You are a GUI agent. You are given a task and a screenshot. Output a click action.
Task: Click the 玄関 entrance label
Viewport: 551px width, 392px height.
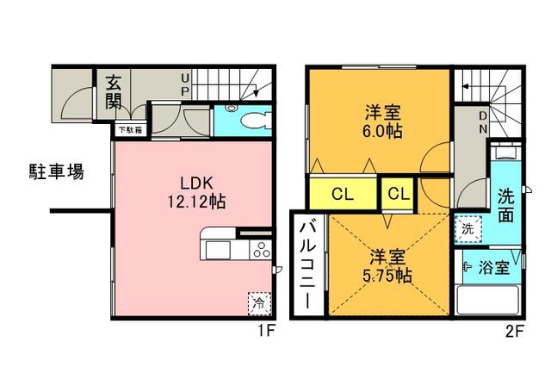point(114,92)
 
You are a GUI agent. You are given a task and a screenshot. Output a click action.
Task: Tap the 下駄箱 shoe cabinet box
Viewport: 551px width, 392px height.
point(131,130)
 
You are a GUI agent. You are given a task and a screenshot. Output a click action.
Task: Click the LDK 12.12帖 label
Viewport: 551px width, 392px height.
point(196,192)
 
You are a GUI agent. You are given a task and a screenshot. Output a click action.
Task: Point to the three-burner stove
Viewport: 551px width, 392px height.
point(260,250)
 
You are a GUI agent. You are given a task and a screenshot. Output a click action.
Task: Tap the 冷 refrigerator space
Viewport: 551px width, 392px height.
point(259,303)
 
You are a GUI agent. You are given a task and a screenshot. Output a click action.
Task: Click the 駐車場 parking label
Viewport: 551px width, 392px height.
point(57,172)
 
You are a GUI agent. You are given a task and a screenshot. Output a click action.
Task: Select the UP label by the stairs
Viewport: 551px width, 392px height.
point(185,84)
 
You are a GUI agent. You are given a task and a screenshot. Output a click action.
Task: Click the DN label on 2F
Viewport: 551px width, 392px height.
point(483,122)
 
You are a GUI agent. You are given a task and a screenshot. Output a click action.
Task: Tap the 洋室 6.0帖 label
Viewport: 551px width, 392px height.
point(382,121)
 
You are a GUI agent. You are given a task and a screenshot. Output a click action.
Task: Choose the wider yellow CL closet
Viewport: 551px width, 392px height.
point(344,193)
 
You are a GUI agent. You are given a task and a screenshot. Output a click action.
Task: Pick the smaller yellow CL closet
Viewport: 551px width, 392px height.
point(399,193)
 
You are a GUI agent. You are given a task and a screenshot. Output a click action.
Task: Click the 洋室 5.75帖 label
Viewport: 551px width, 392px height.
point(387,266)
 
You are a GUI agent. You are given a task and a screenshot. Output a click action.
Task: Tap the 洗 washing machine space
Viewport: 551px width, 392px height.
point(468,229)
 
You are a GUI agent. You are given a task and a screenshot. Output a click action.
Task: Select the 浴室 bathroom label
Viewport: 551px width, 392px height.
point(493,268)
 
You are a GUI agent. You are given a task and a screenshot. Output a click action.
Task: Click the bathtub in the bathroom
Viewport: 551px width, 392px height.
point(487,300)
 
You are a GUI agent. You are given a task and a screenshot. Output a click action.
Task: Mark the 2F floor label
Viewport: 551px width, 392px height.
point(515,332)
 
